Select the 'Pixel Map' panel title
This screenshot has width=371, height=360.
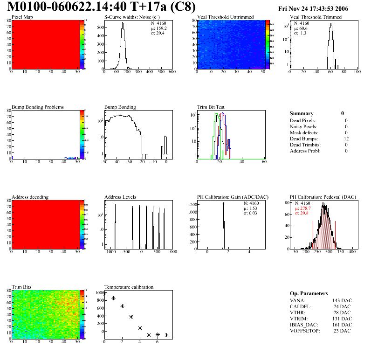point(22,17)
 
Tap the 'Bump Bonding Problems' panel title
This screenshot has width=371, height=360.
point(37,107)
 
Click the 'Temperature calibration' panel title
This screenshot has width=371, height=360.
point(129,287)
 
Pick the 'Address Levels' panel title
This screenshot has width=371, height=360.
point(120,197)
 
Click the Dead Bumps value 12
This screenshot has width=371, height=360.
point(345,138)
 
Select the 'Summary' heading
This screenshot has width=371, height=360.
point(302,113)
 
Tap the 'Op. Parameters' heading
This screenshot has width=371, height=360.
point(309,293)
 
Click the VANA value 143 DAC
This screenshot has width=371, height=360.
point(343,300)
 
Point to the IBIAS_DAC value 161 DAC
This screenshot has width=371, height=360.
point(343,325)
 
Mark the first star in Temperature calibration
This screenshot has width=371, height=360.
point(104,293)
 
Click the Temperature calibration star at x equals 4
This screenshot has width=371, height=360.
point(140,328)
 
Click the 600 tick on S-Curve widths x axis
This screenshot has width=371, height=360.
point(172,72)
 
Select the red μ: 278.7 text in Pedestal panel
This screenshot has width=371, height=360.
point(304,208)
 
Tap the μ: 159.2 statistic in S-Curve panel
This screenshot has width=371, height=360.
point(159,28)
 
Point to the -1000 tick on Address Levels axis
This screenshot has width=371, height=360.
point(110,252)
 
